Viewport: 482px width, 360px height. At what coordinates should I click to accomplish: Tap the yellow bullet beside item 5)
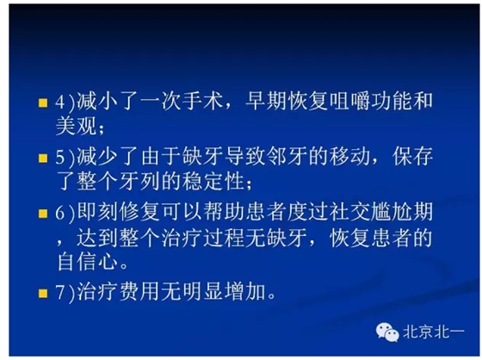[41, 158]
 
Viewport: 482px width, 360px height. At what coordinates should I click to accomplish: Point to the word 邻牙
[279, 158]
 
